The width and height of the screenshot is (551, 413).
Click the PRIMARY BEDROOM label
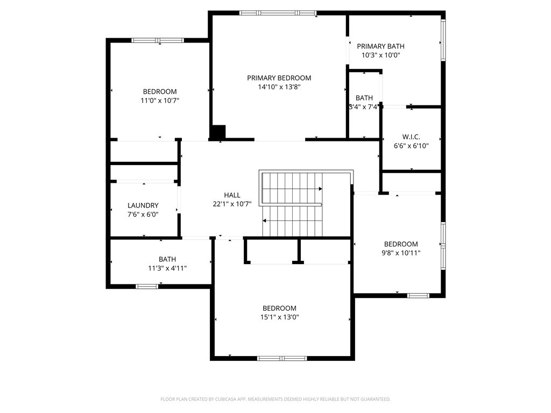point(279,78)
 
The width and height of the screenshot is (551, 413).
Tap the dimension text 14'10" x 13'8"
point(279,87)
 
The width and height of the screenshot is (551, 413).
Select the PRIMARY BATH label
point(380,46)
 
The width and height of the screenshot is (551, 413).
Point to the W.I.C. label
point(411,137)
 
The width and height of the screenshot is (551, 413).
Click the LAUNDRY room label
point(143,205)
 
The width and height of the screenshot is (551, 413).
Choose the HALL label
point(232,195)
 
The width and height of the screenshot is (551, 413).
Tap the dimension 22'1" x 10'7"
point(232,204)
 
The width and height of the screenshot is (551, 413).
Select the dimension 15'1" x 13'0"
point(279,317)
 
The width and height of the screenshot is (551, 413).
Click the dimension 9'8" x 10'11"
point(401,253)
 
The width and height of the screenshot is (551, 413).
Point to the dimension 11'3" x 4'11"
point(167,268)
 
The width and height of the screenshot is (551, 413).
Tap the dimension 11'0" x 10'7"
point(160,101)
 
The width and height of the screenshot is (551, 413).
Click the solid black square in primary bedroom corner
point(218,132)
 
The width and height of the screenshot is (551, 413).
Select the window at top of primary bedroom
point(278,13)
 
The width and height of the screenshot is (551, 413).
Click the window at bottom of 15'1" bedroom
point(282,358)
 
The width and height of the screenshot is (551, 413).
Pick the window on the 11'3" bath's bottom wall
point(147,287)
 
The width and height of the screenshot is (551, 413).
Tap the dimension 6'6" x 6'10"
point(411,145)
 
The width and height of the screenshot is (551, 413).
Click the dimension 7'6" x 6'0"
point(143,214)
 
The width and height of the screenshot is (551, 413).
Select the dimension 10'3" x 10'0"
point(380,55)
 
